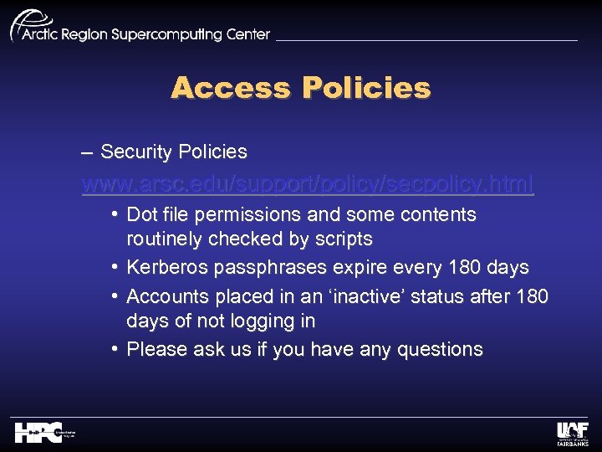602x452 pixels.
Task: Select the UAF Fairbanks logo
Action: point(572,434)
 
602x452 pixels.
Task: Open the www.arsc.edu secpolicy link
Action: point(307,183)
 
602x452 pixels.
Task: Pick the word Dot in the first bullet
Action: point(142,215)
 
